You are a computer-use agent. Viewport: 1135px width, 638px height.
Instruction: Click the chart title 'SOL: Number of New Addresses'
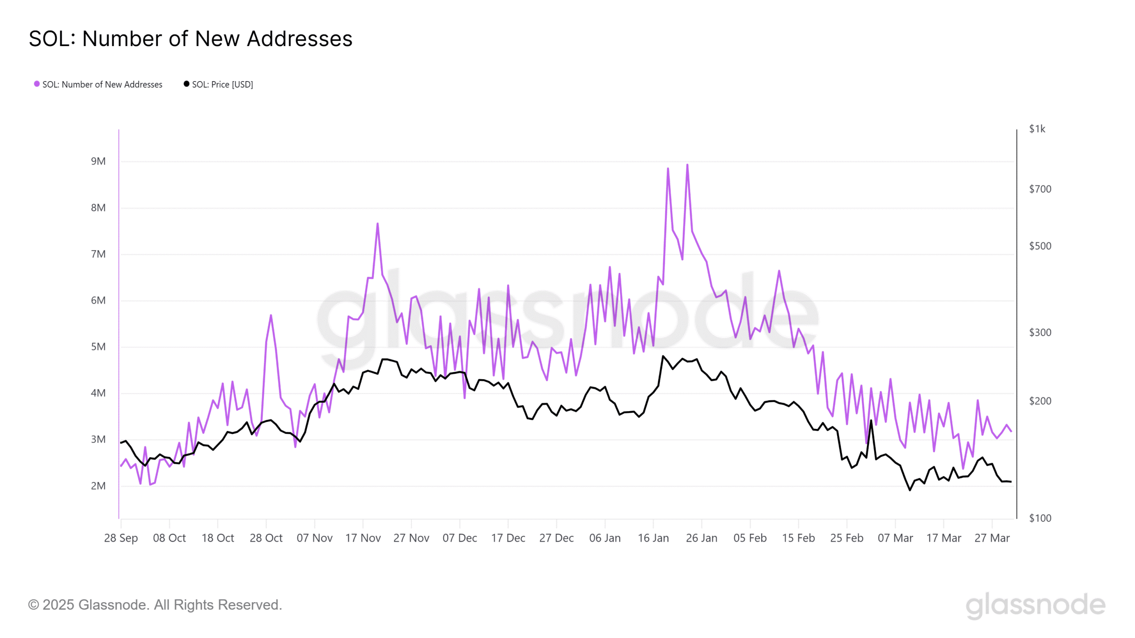(x=191, y=39)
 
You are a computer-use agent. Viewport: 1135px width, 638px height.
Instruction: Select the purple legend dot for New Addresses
(x=37, y=84)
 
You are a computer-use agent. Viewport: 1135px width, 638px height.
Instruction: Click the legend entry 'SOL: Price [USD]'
(x=222, y=85)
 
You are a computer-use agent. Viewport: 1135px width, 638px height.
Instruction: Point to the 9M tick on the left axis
(x=98, y=161)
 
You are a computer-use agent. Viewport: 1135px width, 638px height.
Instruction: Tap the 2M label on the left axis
(x=98, y=486)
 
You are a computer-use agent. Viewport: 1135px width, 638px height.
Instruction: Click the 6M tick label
(x=98, y=300)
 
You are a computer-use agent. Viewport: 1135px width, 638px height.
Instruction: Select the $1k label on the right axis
(x=1037, y=129)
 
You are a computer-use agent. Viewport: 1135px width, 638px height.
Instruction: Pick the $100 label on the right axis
(x=1040, y=518)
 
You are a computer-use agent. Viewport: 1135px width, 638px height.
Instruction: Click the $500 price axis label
(x=1040, y=246)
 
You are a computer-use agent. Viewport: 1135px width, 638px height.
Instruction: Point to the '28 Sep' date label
(x=121, y=538)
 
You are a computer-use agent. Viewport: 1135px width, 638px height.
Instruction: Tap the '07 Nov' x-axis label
(x=314, y=538)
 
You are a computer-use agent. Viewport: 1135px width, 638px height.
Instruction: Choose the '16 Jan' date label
(x=653, y=538)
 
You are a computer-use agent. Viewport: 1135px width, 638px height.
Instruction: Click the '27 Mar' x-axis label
(x=992, y=538)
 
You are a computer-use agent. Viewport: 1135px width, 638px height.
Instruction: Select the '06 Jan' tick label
(x=605, y=538)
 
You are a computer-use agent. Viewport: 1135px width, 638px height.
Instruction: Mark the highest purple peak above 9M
(x=687, y=165)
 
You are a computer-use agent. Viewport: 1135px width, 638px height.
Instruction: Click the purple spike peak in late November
(x=377, y=224)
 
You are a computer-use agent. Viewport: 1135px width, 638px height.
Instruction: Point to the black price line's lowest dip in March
(x=910, y=490)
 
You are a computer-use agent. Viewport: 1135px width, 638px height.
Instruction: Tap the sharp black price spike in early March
(x=871, y=420)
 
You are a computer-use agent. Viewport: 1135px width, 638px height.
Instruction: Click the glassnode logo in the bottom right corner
(x=1035, y=605)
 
